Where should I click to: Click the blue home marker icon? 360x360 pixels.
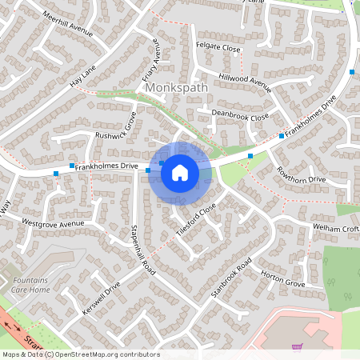[180, 172]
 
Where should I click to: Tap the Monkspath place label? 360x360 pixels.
[178, 88]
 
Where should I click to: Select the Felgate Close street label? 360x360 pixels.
[218, 49]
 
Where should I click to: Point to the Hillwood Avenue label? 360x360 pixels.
[246, 82]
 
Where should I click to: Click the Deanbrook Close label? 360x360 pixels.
[240, 116]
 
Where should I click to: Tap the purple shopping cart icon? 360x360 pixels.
[297, 347]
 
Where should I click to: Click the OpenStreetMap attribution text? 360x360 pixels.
[80, 354]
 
